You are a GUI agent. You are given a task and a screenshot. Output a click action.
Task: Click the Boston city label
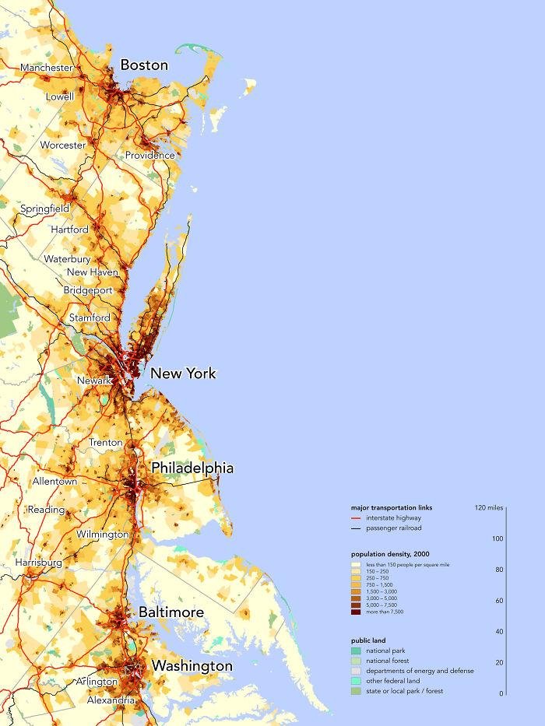[x=144, y=65]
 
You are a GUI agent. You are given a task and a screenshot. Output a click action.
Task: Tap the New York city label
[x=183, y=374]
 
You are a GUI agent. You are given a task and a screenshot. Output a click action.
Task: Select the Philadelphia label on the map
[x=192, y=468]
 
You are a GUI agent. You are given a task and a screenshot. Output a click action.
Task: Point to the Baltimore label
[x=171, y=612]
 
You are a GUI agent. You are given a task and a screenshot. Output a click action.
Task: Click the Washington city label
[x=192, y=666]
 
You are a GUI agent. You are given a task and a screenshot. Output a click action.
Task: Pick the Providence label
[x=150, y=155]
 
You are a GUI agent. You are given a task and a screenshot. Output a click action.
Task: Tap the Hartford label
[x=69, y=230]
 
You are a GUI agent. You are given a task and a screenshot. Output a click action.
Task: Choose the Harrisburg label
[x=38, y=562]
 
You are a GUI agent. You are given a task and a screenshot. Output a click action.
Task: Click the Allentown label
[x=54, y=482]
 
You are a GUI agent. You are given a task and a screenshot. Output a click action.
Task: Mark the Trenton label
[x=106, y=443]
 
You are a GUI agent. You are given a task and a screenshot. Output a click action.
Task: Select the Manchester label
[x=47, y=68]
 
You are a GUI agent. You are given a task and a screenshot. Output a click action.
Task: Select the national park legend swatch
[x=356, y=651]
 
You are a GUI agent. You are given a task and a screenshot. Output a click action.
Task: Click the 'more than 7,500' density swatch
[x=356, y=612]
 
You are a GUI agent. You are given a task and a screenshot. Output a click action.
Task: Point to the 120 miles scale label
[x=488, y=507]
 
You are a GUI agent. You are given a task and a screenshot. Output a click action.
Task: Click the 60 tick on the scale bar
[x=498, y=601]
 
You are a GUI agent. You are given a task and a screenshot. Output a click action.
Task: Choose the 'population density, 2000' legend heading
[x=390, y=553]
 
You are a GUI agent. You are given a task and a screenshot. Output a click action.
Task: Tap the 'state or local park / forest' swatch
[x=356, y=691]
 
